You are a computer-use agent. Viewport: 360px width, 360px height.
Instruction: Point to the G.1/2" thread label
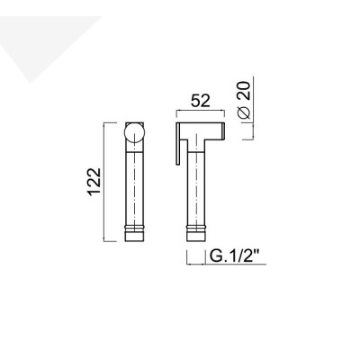[x=236, y=256]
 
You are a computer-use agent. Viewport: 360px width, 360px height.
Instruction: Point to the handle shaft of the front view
[x=133, y=189]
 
